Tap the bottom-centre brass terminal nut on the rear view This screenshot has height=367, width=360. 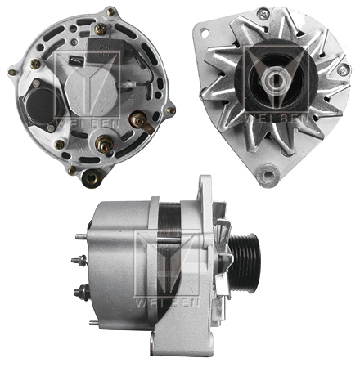105,147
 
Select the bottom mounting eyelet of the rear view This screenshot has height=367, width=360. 92,177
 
